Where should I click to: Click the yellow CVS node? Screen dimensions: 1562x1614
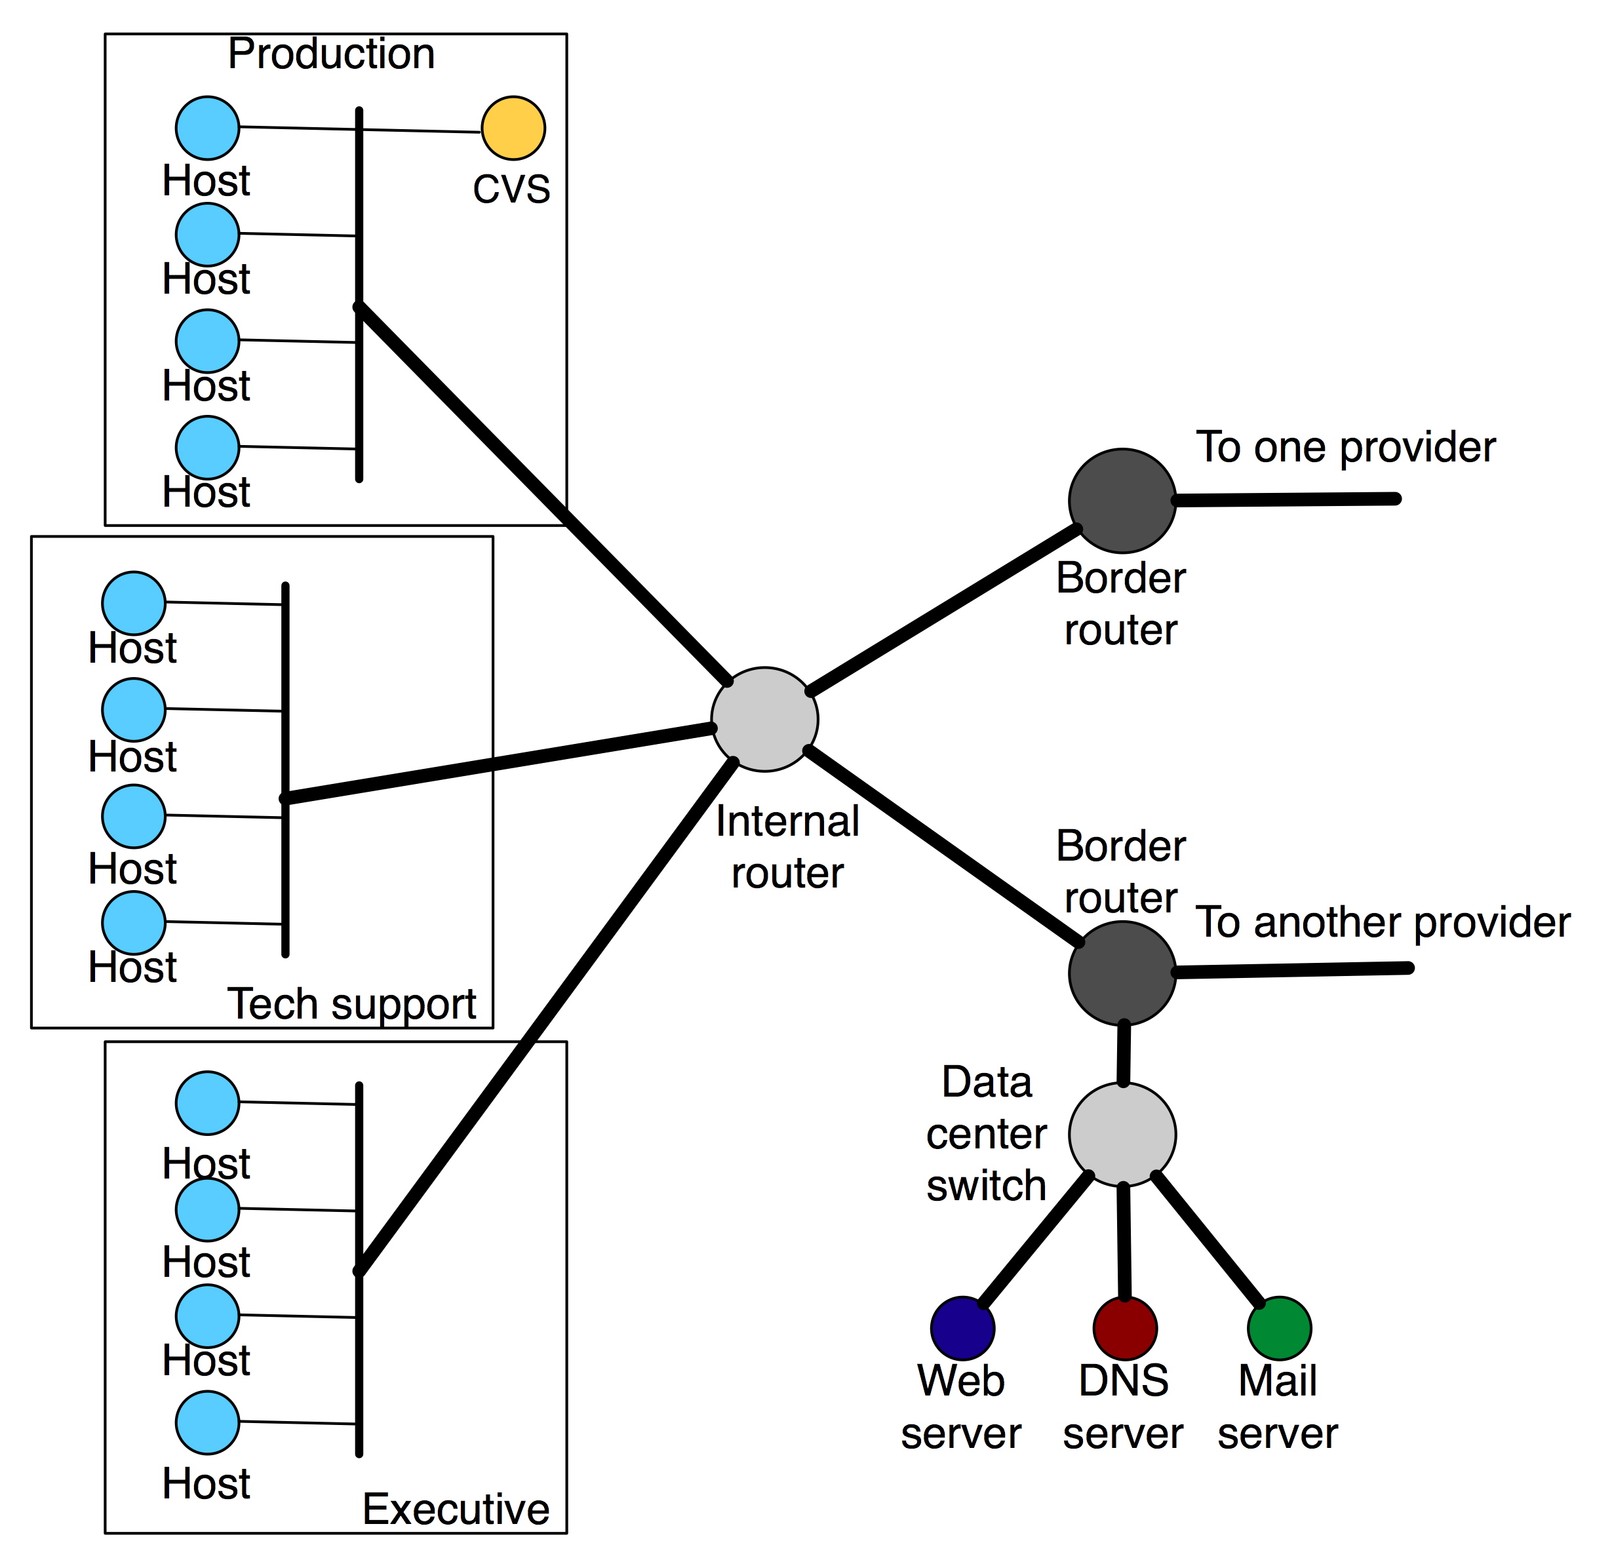513,128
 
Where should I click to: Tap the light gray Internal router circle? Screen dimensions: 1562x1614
764,720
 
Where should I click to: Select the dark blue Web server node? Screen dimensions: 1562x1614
962,1328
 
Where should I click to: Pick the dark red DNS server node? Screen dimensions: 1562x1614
1125,1328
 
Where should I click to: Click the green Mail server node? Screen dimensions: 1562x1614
1279,1328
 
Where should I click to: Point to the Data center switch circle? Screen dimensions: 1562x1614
1122,1135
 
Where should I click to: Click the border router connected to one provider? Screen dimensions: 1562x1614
1122,501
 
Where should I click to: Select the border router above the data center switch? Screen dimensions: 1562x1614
1122,973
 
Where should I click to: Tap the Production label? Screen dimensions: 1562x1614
331,54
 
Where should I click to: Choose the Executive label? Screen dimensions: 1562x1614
456,1510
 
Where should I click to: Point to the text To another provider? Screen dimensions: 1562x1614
1383,922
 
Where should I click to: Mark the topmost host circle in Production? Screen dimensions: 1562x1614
208,128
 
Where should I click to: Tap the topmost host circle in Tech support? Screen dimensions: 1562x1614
133,604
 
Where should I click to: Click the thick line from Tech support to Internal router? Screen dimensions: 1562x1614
494,763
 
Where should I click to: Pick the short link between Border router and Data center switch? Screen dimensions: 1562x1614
1123,1054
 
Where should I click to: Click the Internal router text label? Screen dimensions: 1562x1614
787,848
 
